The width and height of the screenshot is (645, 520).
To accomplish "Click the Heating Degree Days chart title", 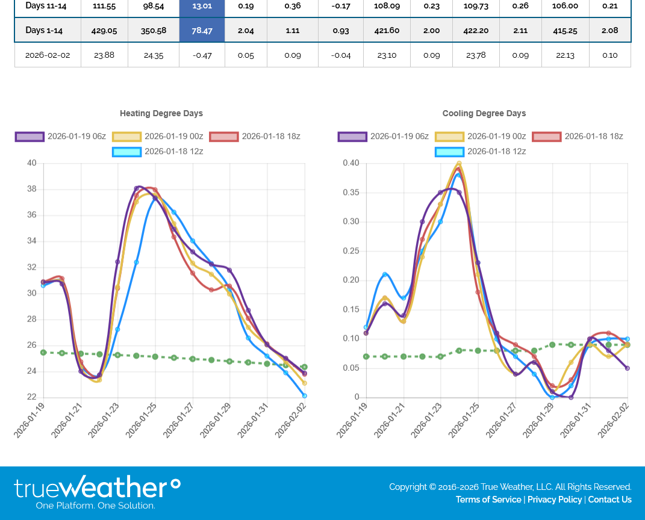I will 161,113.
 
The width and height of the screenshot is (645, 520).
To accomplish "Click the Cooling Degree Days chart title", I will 484,113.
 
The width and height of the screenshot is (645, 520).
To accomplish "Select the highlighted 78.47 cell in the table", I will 202,30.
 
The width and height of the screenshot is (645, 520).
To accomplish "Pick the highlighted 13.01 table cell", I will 202,6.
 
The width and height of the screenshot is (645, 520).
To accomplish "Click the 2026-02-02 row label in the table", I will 48,55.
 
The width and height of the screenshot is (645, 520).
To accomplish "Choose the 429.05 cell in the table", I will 104,30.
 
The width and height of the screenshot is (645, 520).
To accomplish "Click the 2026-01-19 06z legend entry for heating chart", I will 60,137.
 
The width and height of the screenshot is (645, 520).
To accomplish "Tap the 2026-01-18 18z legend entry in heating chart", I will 255,137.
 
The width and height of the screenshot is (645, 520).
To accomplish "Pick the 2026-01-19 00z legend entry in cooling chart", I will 481,137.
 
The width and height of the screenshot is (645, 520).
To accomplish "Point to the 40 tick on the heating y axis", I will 31,163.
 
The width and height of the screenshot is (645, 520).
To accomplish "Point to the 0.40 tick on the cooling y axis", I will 351,163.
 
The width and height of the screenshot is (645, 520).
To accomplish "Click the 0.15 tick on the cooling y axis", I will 351,309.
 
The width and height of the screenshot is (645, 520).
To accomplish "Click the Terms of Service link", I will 488,500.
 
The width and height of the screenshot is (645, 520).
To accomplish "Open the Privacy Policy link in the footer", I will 555,500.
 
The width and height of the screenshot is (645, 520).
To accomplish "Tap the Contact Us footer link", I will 609,500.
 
